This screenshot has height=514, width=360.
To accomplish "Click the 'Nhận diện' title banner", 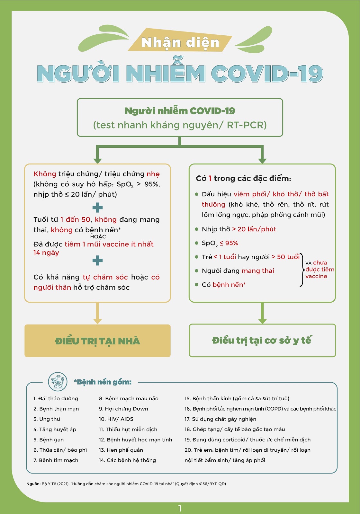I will [180, 43].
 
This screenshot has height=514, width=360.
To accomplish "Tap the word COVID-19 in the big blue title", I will [267, 74].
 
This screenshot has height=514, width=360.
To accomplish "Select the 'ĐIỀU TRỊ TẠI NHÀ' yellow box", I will [97, 341].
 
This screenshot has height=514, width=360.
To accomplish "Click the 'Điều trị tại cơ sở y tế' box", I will [262, 341].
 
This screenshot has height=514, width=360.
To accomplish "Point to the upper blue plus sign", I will [97, 208].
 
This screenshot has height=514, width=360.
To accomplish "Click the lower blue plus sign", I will [97, 260].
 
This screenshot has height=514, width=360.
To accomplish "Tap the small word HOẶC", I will [98, 237].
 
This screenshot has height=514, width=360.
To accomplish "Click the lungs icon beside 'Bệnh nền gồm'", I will [58, 382].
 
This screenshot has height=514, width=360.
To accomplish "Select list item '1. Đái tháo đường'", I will [56, 399].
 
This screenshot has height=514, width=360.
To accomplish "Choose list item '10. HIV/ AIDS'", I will [116, 419].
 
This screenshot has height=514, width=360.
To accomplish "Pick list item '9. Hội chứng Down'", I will [123, 409].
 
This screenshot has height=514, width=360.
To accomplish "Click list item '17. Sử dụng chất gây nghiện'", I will [220, 419].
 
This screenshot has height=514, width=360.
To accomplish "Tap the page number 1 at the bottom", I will [180, 508].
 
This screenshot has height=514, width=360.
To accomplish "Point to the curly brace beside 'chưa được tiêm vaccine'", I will [302, 270].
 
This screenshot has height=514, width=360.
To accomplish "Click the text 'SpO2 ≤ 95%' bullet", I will [220, 243].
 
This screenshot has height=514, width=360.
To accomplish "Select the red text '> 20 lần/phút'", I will [254, 229].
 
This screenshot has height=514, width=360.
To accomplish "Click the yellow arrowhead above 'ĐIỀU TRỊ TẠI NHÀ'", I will [97, 321].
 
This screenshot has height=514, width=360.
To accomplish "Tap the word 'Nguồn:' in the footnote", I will [33, 484].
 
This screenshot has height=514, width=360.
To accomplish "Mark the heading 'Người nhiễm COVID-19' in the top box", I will [180, 111].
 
